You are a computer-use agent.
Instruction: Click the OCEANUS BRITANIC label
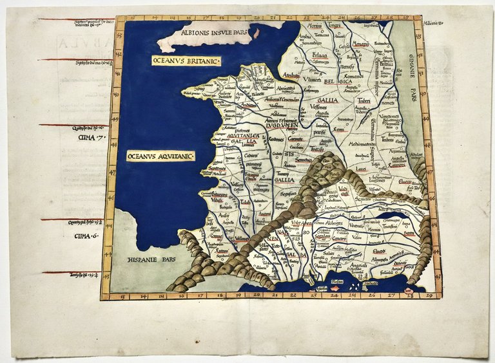(186, 60)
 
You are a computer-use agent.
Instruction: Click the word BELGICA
(338, 82)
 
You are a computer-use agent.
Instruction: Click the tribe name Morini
(314, 26)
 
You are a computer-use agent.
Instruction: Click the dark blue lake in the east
(393, 215)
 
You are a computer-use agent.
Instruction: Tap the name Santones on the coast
(217, 167)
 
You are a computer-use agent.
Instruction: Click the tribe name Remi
(340, 129)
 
